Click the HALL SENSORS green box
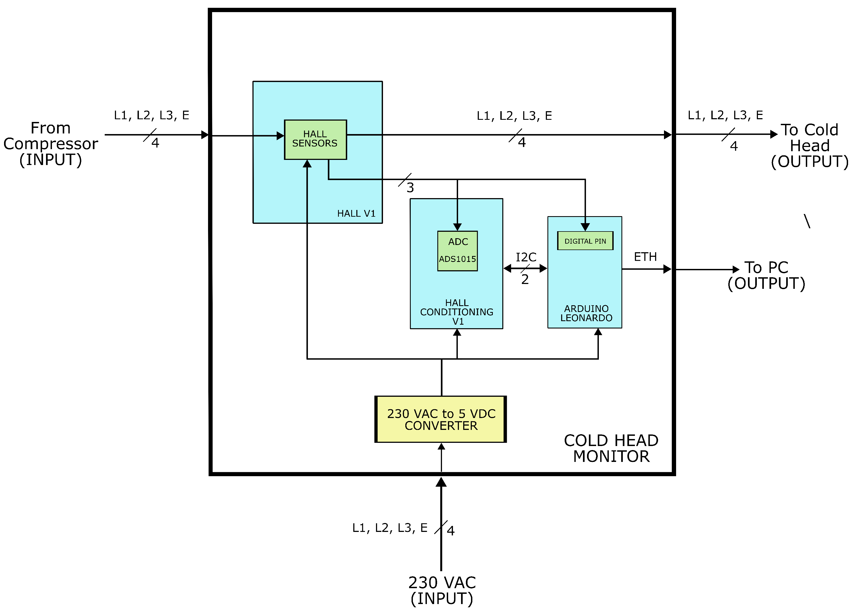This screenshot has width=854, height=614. click(315, 140)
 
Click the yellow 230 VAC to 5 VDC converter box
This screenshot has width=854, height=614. click(441, 419)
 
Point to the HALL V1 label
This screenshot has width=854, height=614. click(356, 213)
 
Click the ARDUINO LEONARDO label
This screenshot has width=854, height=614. click(586, 313)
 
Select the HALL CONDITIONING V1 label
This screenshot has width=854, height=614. click(456, 312)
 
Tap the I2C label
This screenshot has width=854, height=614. click(526, 257)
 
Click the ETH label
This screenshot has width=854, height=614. click(645, 257)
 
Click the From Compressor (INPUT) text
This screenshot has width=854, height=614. click(50, 144)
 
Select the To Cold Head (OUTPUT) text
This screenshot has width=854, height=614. click(809, 146)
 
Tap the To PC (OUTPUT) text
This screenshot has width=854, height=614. click(766, 275)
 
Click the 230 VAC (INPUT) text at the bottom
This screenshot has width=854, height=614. click(442, 590)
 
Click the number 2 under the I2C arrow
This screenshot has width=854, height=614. click(525, 279)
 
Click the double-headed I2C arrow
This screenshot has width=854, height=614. click(525, 268)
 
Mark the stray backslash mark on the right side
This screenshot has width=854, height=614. click(807, 221)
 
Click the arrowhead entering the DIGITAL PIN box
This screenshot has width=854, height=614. click(585, 227)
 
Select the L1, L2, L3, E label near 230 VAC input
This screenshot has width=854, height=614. click(389, 528)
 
